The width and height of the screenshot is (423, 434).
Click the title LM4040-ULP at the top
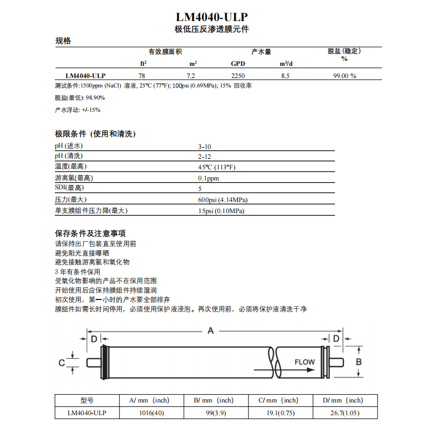pos(211,17)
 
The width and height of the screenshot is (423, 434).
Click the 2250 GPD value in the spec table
pos(238,76)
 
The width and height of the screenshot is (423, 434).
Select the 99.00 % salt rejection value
pos(344,76)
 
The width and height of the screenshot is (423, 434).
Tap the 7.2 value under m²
pos(190,76)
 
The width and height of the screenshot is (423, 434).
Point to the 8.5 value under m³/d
pos(286,76)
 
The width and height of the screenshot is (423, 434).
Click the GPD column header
pos(238,63)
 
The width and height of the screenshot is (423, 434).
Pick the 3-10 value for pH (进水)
pos(205,146)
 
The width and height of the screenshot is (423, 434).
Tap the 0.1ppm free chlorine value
pos(209,178)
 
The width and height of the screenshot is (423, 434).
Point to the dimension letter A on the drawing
pos(210,330)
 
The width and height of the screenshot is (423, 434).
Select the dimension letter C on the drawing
pos(62,363)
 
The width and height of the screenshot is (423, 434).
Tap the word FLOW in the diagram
pos(304,362)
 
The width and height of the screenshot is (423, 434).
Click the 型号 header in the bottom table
pos(87,400)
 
